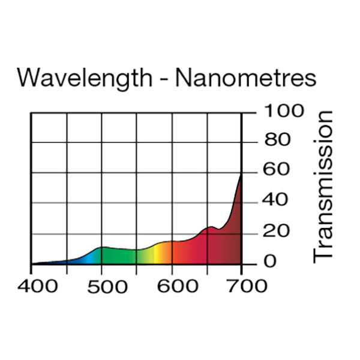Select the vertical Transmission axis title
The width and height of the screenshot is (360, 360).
click(x=324, y=186)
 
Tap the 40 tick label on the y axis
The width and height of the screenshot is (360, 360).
click(x=277, y=201)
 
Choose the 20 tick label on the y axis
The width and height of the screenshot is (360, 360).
click(x=277, y=231)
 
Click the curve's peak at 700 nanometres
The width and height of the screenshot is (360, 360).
click(x=241, y=175)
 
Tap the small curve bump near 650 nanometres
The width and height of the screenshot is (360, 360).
click(x=211, y=227)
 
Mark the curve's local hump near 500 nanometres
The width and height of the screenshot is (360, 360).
click(x=103, y=247)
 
